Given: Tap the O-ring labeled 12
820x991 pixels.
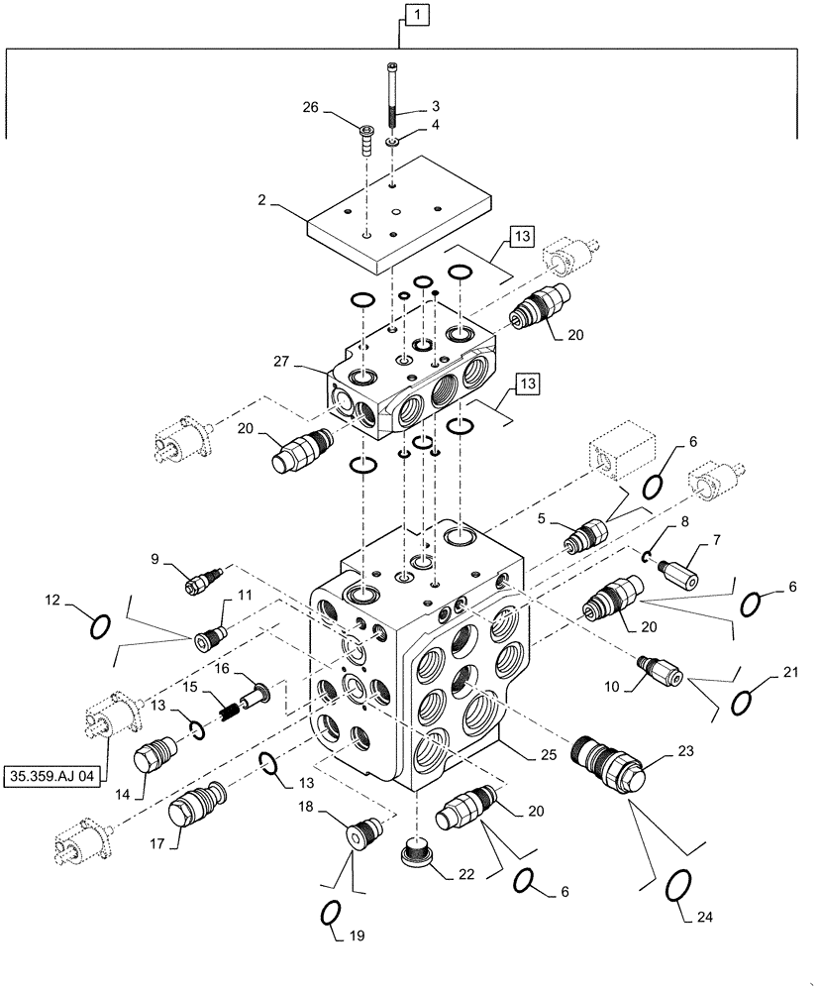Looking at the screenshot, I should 97,627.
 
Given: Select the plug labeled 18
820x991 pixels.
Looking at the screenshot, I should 362,831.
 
